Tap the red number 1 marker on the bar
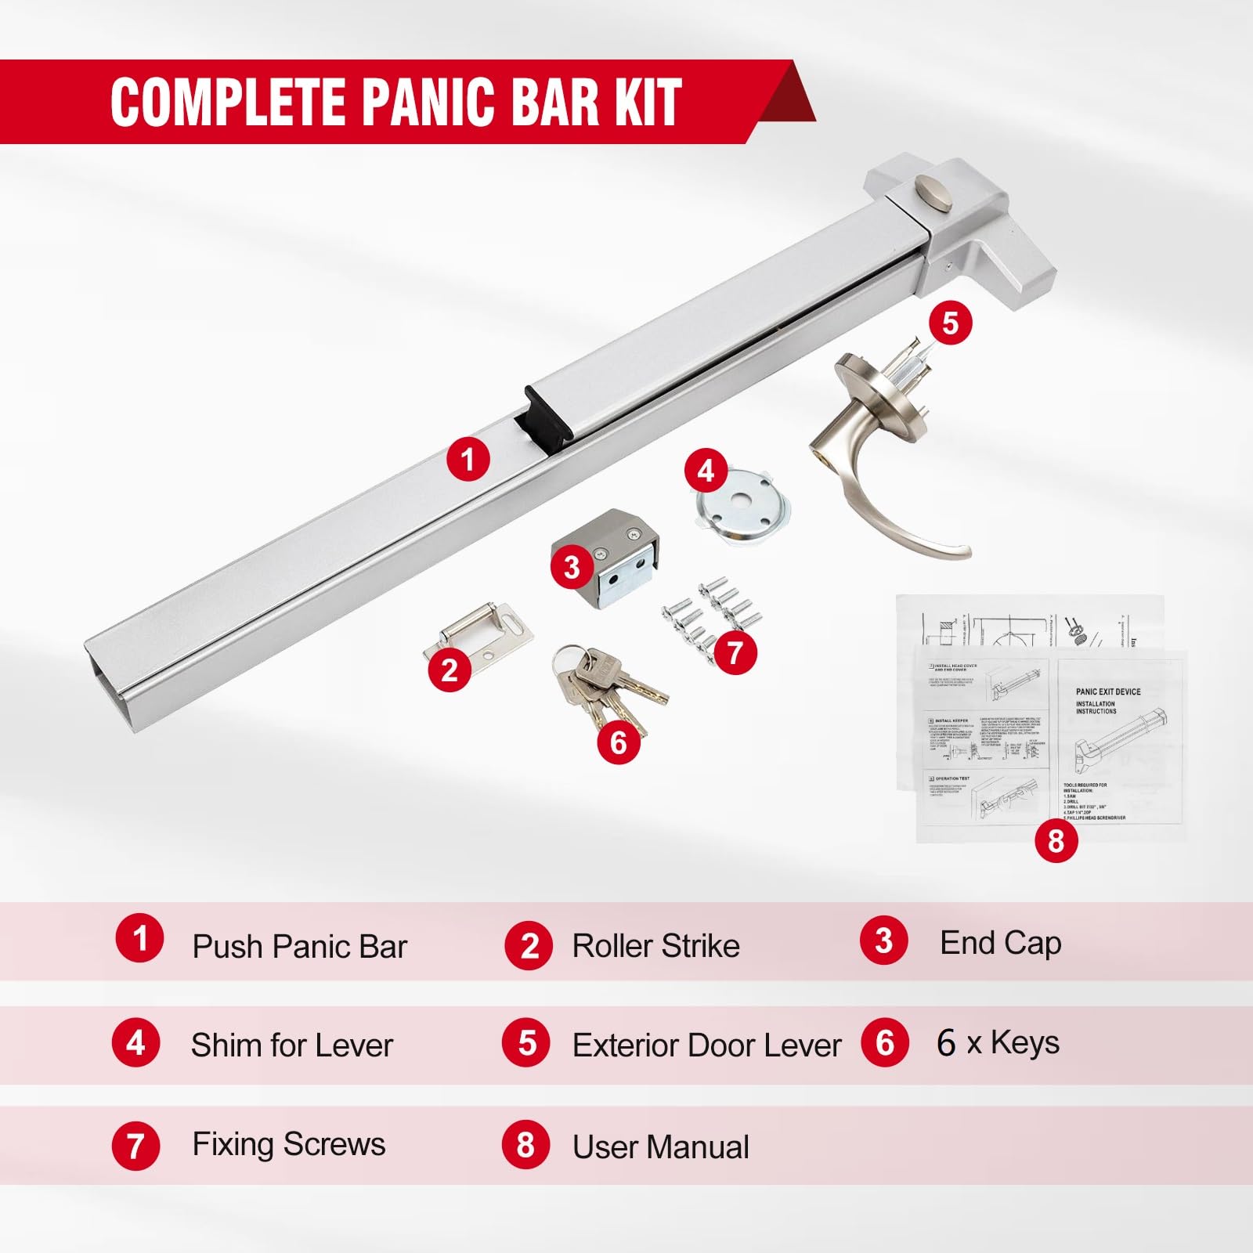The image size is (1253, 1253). [x=468, y=459]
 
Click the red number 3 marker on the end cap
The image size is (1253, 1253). [x=572, y=566]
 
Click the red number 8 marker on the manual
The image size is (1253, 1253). [x=1056, y=840]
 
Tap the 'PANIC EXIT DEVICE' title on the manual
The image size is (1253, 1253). [x=1107, y=691]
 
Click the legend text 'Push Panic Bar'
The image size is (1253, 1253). [x=299, y=946]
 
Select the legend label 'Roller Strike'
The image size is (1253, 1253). [x=655, y=945]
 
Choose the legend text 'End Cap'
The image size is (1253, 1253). [x=1000, y=943]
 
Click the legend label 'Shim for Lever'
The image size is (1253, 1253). [x=291, y=1045]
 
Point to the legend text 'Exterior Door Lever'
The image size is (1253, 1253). [x=706, y=1045]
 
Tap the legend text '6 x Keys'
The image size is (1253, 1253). [x=998, y=1042]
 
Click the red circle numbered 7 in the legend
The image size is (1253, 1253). [x=135, y=1146]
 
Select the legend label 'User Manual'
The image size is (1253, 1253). [x=660, y=1146]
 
